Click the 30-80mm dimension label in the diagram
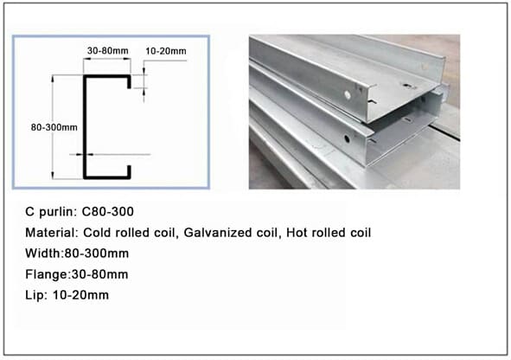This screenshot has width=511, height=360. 107,50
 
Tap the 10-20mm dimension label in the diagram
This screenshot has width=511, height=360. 165,51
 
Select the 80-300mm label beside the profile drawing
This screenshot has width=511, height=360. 54,127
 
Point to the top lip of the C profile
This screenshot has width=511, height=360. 129,82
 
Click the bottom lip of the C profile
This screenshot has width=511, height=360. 129,172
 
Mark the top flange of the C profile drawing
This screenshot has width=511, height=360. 107,77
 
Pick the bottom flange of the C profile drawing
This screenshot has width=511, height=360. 107,177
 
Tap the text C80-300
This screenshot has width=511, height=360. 107,212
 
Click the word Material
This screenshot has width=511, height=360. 50,233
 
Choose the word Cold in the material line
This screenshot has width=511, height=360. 98,233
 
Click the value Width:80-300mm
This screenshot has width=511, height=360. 77,254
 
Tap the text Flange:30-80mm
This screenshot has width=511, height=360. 77,274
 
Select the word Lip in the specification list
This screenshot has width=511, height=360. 35,295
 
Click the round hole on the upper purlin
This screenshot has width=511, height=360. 348,95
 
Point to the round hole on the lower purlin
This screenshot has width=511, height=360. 347,139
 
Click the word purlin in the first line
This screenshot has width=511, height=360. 58,212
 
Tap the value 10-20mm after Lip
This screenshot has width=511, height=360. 80,295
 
